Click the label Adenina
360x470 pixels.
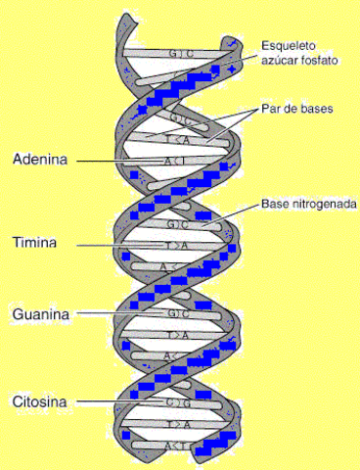coord(40,159)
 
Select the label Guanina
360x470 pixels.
coord(40,314)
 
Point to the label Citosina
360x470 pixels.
coord(40,400)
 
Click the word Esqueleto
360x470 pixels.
coord(291,45)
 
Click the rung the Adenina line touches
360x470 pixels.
coord(176,160)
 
